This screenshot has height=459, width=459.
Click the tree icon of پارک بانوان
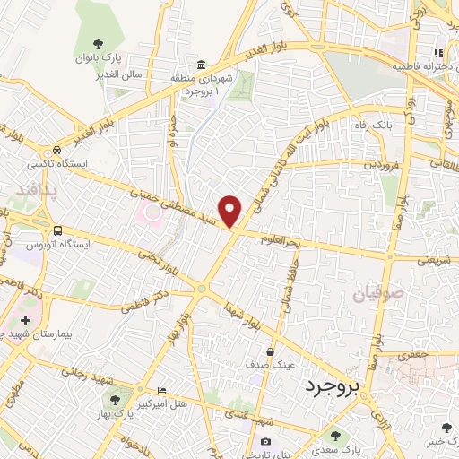97,44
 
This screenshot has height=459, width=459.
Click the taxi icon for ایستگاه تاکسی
57,152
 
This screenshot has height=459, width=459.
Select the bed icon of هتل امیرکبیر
161,390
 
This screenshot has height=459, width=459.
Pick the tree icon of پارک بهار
114,398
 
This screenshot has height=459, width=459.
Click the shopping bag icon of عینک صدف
270,352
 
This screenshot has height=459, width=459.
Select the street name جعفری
414,356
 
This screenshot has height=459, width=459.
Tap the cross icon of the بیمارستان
25,319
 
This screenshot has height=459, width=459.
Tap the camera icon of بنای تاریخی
265,441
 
